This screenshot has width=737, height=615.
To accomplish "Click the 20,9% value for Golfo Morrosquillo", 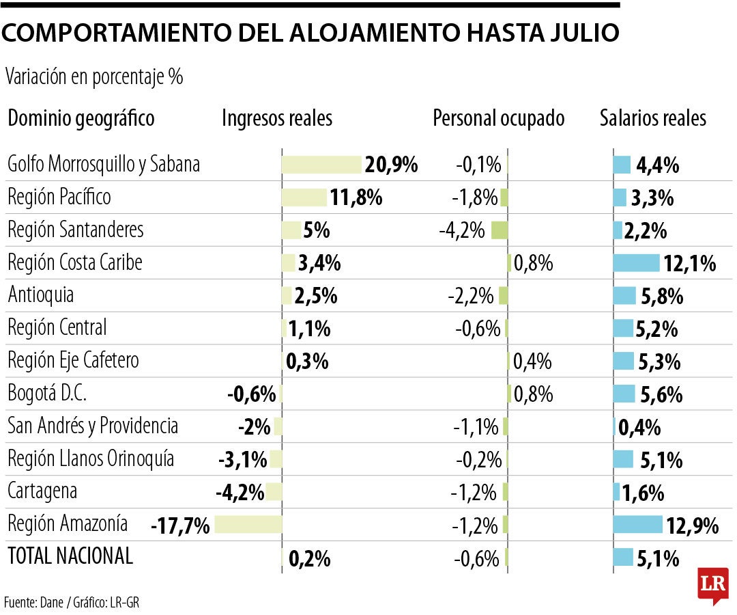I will (x=391, y=165).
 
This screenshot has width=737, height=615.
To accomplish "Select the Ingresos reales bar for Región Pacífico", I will (x=304, y=197).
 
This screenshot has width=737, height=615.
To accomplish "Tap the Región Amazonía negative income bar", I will (x=248, y=524).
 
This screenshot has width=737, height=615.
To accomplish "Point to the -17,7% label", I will (x=180, y=526).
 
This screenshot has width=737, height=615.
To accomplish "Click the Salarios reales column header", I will (x=652, y=118).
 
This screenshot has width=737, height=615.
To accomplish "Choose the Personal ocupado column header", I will (x=498, y=118).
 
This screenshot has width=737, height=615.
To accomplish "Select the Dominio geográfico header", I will (x=81, y=118).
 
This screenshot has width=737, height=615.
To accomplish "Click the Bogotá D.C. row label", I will (x=47, y=394).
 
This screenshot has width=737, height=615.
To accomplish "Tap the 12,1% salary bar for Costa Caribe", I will (x=637, y=263).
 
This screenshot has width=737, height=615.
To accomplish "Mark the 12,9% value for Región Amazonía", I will (x=693, y=526).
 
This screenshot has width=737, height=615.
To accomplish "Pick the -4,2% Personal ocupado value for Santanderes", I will (x=462, y=230).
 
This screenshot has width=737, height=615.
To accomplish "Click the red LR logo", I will (x=712, y=585).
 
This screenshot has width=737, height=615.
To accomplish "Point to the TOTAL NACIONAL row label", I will (x=70, y=556).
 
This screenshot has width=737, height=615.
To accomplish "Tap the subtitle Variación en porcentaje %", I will (x=94, y=77).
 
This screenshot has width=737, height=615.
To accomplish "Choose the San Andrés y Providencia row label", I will (x=93, y=426).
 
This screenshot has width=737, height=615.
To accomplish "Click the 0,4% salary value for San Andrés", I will (x=639, y=428).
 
